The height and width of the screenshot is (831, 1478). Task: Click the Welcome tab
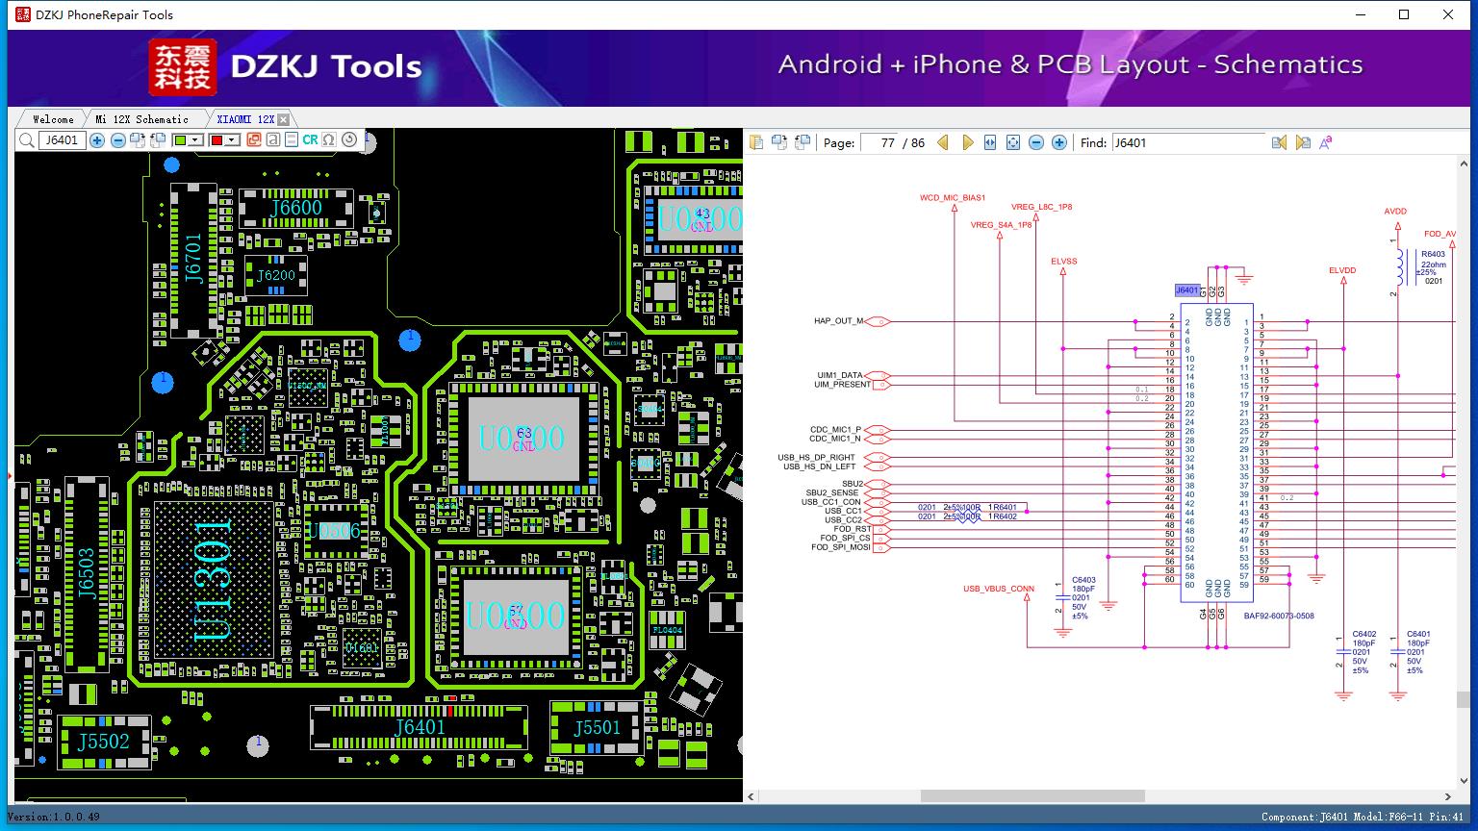53,119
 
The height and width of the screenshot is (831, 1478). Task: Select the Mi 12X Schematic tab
141,119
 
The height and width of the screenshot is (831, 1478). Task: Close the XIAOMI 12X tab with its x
283,119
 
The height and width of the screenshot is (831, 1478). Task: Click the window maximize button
1403,14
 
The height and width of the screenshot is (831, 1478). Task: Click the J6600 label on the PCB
295,208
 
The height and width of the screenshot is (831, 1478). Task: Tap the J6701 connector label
194,258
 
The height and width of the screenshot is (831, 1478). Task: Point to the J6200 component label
275,276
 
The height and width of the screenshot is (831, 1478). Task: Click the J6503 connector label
87,574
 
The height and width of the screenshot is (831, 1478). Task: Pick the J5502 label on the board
103,742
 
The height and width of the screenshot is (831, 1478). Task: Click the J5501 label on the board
597,728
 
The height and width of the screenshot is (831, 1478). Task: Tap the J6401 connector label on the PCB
420,727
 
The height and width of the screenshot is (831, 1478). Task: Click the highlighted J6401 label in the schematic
1187,290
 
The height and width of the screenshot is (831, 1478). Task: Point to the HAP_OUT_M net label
838,321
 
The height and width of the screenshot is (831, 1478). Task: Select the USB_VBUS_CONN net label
999,589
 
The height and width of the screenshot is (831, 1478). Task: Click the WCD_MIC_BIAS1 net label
953,198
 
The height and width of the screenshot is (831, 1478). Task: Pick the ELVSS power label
1063,262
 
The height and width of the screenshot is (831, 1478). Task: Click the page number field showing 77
879,142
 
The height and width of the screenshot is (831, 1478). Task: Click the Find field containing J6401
1187,142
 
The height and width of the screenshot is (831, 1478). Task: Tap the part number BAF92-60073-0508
1278,617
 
